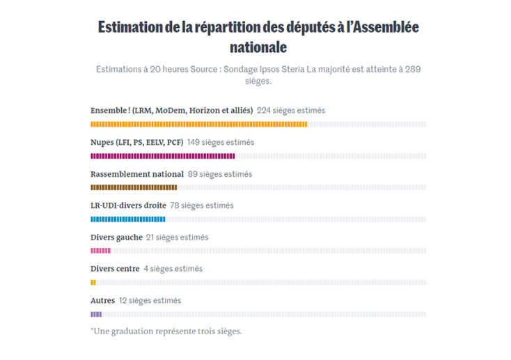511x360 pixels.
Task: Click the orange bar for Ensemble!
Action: tap(198, 125)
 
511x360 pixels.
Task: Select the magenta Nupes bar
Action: tap(162, 156)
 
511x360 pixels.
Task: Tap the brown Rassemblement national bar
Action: tap(134, 187)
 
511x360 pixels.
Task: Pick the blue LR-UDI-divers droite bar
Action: tap(127, 219)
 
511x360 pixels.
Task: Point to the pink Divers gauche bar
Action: tap(100, 251)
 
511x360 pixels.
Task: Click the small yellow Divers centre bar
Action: tap(93, 282)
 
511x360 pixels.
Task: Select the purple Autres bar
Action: tap(96, 314)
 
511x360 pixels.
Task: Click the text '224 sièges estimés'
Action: tap(290, 111)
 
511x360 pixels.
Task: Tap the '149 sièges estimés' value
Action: tap(221, 143)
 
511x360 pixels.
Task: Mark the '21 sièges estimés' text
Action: tap(177, 237)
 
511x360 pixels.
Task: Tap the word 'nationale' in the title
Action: tap(258, 47)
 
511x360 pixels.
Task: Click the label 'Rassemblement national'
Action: tap(137, 174)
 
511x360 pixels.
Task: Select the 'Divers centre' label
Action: tap(115, 269)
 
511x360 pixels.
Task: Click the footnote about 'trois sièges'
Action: tap(166, 331)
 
